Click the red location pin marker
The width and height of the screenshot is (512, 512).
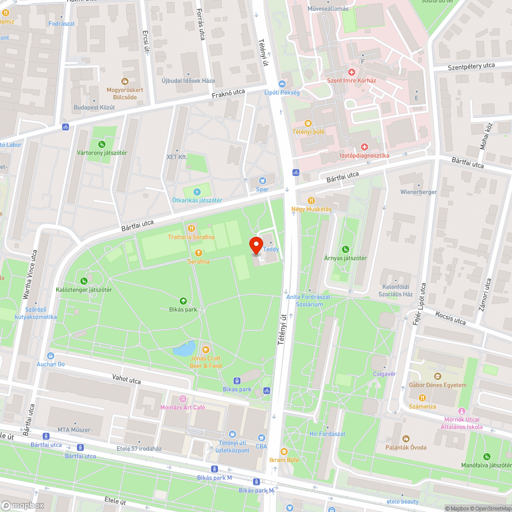[257, 245]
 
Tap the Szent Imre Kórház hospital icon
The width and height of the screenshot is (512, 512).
[352, 72]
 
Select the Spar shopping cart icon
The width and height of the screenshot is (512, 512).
[262, 180]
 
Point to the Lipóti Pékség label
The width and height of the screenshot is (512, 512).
[282, 93]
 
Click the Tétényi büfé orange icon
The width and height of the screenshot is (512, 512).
[308, 123]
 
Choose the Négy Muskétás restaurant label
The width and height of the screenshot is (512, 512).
[311, 209]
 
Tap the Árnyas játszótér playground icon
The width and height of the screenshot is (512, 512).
[346, 249]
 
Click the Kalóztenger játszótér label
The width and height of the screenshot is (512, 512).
[84, 290]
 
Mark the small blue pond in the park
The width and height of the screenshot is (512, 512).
[183, 350]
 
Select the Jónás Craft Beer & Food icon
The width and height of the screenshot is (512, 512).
[205, 350]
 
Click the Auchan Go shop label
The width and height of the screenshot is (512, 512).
[51, 364]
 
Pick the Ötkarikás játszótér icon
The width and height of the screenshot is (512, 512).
[197, 191]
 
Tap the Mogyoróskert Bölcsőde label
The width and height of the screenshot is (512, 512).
[124, 93]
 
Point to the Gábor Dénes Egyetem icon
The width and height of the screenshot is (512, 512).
[438, 376]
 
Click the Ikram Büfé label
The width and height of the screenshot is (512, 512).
[284, 460]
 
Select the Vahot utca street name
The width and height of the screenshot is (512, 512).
[126, 379]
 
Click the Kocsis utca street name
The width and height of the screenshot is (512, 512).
[451, 318]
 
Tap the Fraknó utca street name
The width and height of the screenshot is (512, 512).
[229, 94]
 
